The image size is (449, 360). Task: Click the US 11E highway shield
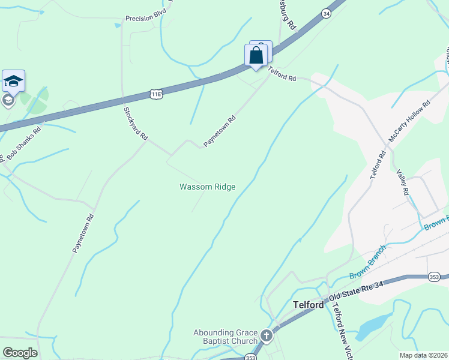tap(156, 94)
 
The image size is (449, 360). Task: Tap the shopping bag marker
tap(256, 56)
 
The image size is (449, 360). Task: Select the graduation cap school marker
tap(13, 81)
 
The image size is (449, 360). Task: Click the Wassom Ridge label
tap(208, 187)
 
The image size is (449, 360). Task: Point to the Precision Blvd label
tap(146, 19)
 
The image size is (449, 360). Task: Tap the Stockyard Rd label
tap(136, 124)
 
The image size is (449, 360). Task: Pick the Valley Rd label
tap(402, 182)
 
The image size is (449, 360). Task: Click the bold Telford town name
tap(309, 305)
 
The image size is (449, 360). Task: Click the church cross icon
tap(267, 335)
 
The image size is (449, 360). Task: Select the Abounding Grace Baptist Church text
tap(225, 337)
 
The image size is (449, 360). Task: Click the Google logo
tap(20, 352)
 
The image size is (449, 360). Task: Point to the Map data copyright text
tap(423, 355)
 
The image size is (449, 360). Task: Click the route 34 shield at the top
tap(326, 13)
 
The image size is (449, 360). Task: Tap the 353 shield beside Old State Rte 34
tap(435, 277)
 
